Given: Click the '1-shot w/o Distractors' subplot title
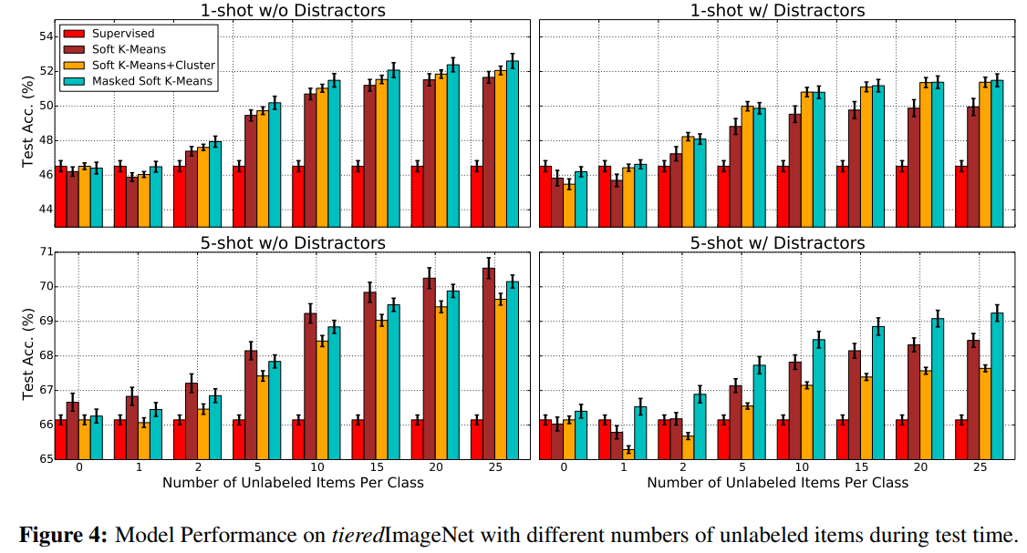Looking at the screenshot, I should click(x=292, y=11).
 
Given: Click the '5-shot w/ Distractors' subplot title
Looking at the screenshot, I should click(x=777, y=243).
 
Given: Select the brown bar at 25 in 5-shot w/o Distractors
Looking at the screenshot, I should click(x=488, y=364).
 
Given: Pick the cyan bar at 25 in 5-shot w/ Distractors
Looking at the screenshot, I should click(x=997, y=386).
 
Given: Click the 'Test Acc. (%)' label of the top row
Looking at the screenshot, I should click(x=27, y=128).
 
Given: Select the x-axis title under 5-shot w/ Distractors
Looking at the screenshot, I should click(x=777, y=482).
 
